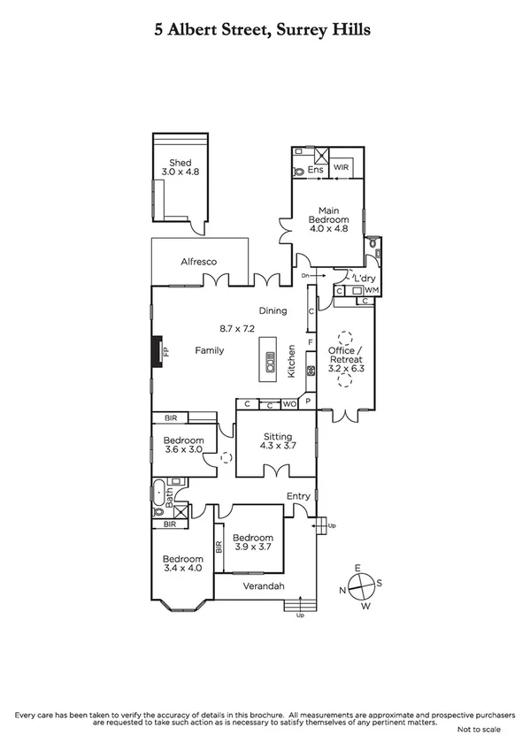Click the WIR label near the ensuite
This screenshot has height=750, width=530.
pos(342,167)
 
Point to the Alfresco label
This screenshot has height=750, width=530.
pos(199,262)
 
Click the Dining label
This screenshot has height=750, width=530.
pos(273,310)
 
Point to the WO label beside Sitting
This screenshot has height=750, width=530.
pos(289,404)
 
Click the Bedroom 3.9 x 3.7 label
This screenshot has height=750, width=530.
pos(252,542)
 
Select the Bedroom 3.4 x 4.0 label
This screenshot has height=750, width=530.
pos(182,564)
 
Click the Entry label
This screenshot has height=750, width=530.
pos(298,496)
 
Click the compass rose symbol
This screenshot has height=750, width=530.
pos(361,585)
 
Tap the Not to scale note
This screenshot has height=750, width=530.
pos(479,729)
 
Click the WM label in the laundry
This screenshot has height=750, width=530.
pos(371,290)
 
